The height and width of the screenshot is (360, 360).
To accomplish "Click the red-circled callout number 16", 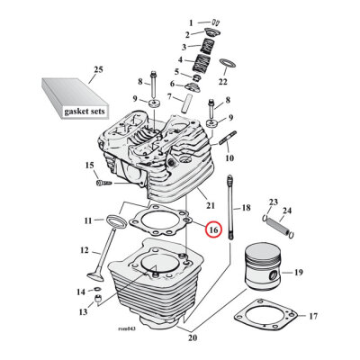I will [x=212, y=230].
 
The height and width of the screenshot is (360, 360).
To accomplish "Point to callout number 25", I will [x=98, y=69].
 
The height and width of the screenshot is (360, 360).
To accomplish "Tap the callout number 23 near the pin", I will [x=274, y=202].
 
